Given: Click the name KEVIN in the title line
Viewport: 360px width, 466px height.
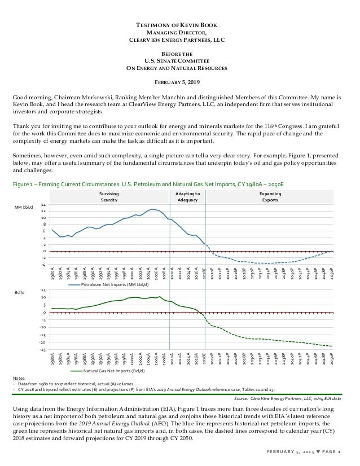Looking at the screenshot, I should tap(186, 26).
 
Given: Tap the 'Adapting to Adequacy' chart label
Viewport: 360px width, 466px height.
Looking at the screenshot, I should tap(187, 196).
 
